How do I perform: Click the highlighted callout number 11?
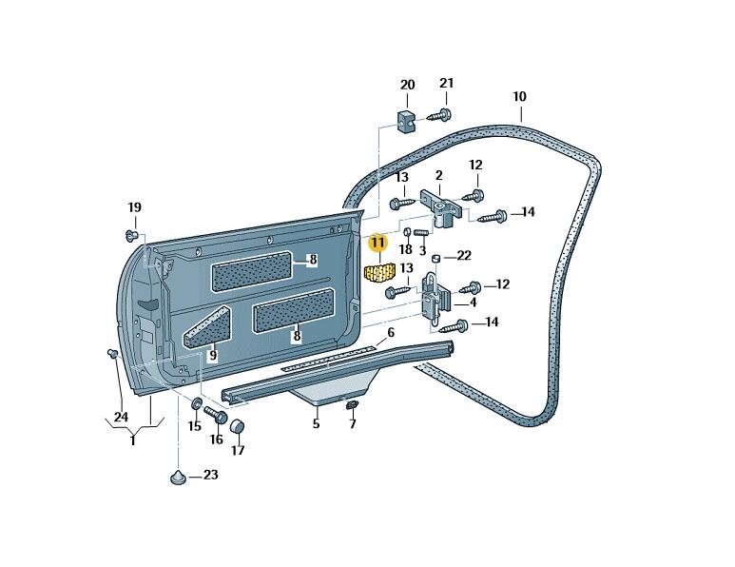click(x=378, y=244)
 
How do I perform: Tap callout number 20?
click(x=407, y=86)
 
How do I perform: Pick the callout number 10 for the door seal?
click(x=519, y=97)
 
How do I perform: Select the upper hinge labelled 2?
click(x=440, y=206)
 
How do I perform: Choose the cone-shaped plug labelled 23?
click(x=178, y=476)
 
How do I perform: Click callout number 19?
click(x=134, y=207)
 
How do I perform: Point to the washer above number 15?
click(x=197, y=405)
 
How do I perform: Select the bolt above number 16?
click(x=214, y=416)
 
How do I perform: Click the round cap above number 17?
click(x=238, y=425)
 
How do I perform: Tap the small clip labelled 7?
click(x=351, y=406)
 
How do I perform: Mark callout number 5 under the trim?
click(x=317, y=424)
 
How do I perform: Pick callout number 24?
click(x=121, y=417)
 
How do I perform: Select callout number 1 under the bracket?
click(x=132, y=441)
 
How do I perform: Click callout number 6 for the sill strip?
click(x=390, y=334)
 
